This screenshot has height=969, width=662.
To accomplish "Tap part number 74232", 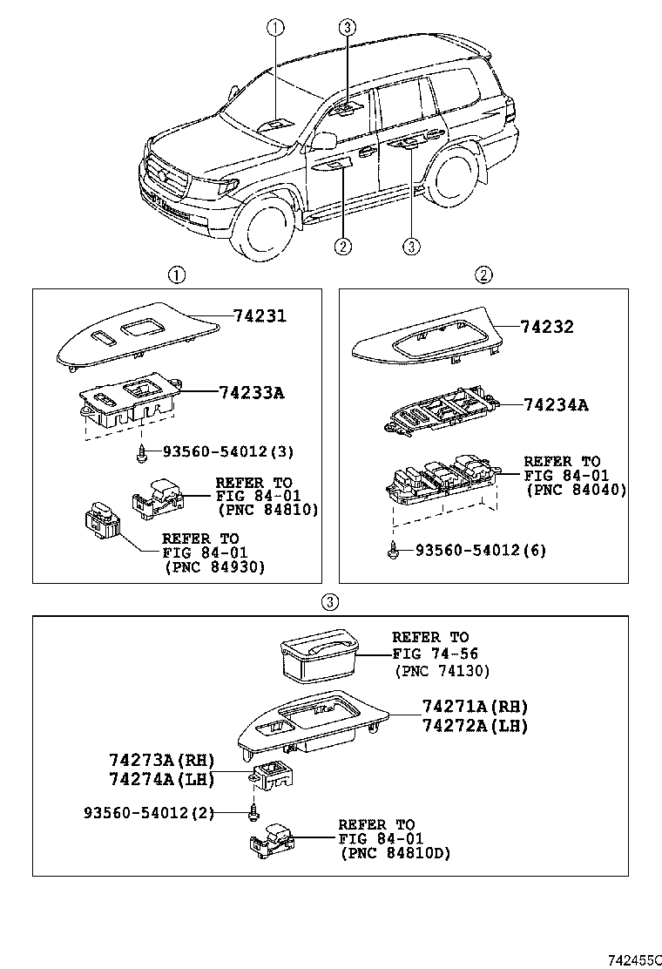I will pos(547,328).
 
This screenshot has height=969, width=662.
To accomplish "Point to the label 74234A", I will pos(555,404).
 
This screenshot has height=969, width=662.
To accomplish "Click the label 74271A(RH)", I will pos(475,707).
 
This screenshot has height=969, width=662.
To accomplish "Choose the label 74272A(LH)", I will pos(475,725).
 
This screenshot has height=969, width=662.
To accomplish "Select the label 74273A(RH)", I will pos(161,760).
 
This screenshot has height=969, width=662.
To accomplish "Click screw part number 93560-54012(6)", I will pos(480,550).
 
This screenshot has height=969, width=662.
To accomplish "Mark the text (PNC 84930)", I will pos(214,566).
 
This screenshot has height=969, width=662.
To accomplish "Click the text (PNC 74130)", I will pos(442,670).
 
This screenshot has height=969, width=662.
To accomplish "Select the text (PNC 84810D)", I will pos(395,853).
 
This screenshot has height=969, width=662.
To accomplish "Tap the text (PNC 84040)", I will pos(577,491).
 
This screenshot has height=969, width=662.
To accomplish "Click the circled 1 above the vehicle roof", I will pos(275,28).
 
